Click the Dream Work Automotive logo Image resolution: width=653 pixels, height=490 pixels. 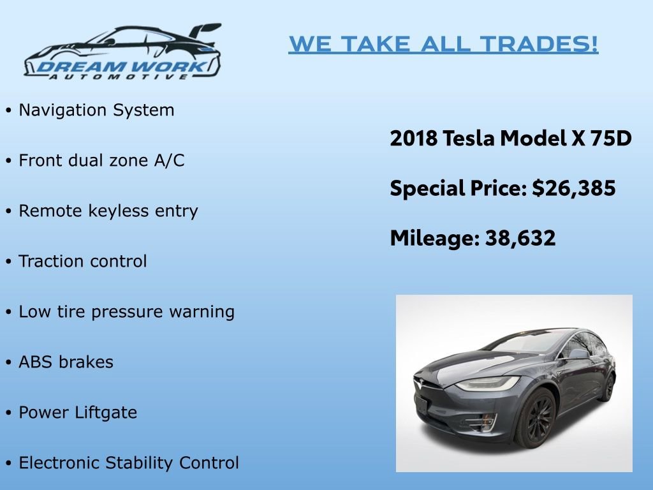(x=122, y=52)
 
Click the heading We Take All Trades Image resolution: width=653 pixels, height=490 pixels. (x=443, y=44)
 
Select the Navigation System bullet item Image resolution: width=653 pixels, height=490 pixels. (x=96, y=110)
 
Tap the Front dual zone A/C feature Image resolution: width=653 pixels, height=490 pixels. (x=101, y=161)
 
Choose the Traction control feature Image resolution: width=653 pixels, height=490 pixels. (x=83, y=262)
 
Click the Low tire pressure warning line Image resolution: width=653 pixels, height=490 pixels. (x=126, y=312)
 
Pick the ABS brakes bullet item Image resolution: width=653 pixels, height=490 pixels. (x=66, y=362)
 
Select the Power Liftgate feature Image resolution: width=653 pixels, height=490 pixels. (x=78, y=413)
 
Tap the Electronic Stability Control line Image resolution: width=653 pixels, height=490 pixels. (x=129, y=463)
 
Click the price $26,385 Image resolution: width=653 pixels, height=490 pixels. (x=575, y=188)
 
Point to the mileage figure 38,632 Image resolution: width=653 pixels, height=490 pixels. (x=520, y=238)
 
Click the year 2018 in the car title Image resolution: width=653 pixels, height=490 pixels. (x=414, y=138)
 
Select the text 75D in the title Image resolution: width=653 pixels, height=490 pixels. (x=611, y=138)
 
